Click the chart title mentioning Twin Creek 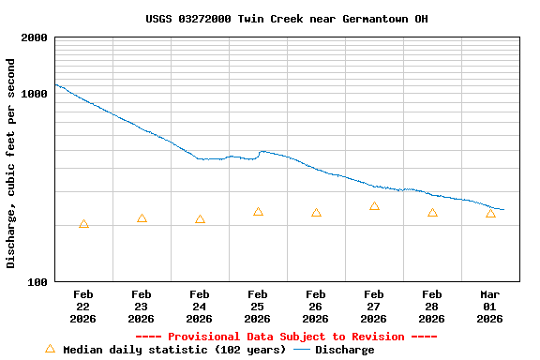coord(287,19)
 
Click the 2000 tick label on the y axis coord(35,38)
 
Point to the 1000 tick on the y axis coord(35,95)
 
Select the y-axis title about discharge coord(11,163)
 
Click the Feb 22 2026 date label coord(83,307)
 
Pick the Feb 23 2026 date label coord(142,307)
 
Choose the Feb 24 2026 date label coord(200,307)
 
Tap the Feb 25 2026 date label coord(258,307)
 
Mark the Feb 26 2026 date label coord(316,307)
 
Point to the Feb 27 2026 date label coord(374,307)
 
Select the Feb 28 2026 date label coord(432,307)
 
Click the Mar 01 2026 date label coord(490,307)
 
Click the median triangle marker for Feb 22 coord(83,224)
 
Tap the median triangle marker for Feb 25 coord(258,212)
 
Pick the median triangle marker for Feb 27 coord(374,206)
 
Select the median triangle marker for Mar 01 coord(490,214)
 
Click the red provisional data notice coord(286,337)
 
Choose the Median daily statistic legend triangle coord(51,349)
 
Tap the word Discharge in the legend coord(344,350)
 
